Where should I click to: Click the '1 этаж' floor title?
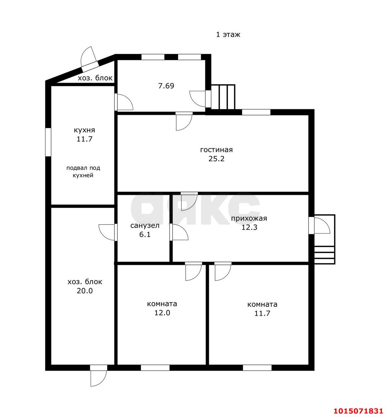click(228, 35)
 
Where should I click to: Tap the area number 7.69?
click(166, 86)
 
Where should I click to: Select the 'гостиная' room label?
click(216, 150)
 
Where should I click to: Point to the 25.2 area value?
click(216, 159)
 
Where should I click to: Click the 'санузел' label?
click(145, 225)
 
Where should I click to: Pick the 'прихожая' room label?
click(249, 219)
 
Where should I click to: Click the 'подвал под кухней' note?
click(83, 172)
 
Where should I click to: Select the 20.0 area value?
click(84, 291)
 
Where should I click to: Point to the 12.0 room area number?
click(162, 313)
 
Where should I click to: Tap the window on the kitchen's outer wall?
click(48, 142)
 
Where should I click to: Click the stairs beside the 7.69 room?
click(223, 97)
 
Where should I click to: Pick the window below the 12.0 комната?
click(155, 367)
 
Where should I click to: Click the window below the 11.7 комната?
click(257, 367)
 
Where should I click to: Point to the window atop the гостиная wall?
click(256, 112)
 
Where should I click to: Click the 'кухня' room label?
click(84, 130)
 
